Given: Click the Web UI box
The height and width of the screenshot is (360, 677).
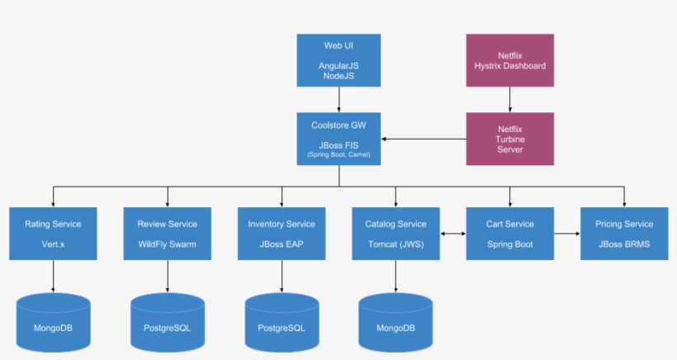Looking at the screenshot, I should pyautogui.click(x=338, y=60).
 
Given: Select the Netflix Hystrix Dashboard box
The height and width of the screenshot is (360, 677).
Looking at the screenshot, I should pyautogui.click(x=509, y=60).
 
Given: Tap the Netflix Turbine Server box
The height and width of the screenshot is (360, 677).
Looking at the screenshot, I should pyautogui.click(x=509, y=139).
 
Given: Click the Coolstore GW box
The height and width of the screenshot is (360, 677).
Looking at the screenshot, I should pyautogui.click(x=338, y=139).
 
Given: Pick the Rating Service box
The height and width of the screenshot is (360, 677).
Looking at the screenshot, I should pyautogui.click(x=53, y=234).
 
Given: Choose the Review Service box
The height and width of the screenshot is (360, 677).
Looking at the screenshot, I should pyautogui.click(x=167, y=234).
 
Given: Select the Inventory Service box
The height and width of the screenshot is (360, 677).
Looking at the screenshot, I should pyautogui.click(x=282, y=234).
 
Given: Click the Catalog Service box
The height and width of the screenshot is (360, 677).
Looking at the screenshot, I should pyautogui.click(x=395, y=234).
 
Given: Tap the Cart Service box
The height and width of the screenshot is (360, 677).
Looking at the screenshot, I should pyautogui.click(x=509, y=234).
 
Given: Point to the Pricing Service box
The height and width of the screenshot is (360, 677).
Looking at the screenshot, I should pyautogui.click(x=623, y=234).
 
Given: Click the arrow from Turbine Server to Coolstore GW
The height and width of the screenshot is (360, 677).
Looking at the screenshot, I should pyautogui.click(x=424, y=139).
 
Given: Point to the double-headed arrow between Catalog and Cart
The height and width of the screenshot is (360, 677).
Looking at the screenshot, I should pyautogui.click(x=452, y=234).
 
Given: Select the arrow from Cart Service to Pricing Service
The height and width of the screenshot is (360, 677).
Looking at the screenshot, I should pyautogui.click(x=566, y=234).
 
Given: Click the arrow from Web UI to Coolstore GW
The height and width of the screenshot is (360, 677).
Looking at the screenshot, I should pyautogui.click(x=338, y=99).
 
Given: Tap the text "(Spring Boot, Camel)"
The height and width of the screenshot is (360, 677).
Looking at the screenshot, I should pyautogui.click(x=338, y=154).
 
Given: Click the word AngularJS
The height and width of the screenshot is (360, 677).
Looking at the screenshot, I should pyautogui.click(x=338, y=64).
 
